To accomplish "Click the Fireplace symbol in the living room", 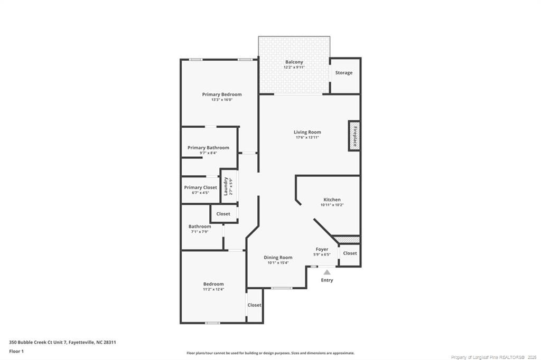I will [x=355, y=136].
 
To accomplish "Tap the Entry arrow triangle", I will [x=327, y=272].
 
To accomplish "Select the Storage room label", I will [x=344, y=73].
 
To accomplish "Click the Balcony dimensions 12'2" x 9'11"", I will [x=294, y=68].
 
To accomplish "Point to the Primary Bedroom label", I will [x=221, y=94].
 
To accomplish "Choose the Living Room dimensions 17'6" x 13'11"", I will [x=307, y=138].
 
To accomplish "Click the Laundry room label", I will [x=226, y=186].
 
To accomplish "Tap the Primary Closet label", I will [x=200, y=187].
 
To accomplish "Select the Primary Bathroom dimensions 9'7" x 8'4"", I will [x=208, y=153].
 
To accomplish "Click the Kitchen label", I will [x=332, y=200].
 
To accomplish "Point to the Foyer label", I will [x=322, y=249].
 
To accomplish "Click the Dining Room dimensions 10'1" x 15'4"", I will [x=278, y=263].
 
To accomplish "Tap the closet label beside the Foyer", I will [x=350, y=253].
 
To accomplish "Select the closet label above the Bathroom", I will [x=223, y=214].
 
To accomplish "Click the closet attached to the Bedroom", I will [x=254, y=305].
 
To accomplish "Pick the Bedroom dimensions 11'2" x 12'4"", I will [x=213, y=289].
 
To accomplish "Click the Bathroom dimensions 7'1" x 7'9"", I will [x=200, y=232].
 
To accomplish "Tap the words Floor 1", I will [x=16, y=351].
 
